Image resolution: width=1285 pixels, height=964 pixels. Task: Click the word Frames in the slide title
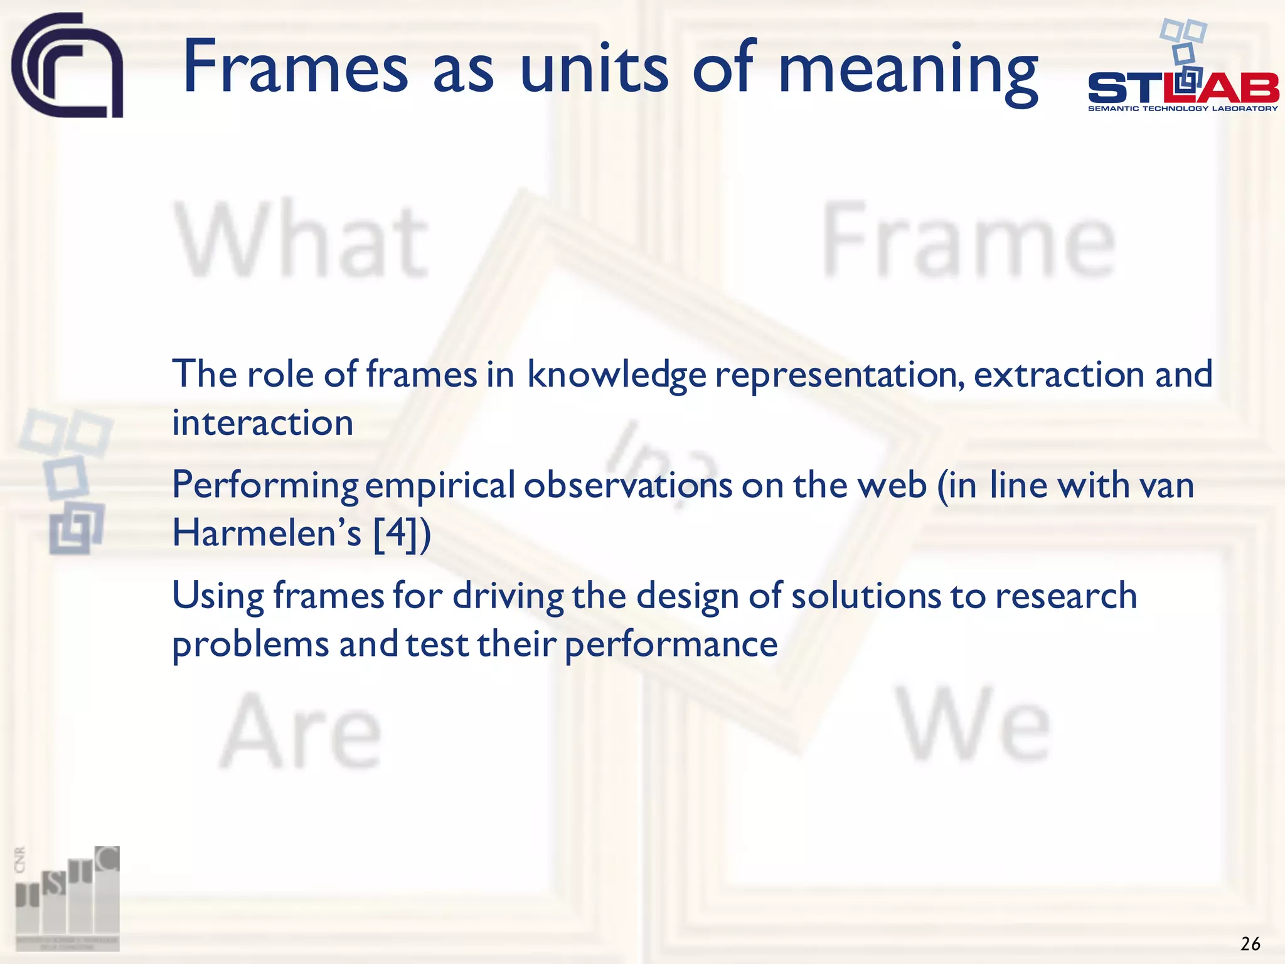pos(296,67)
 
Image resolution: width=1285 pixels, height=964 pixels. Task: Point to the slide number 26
pos(1250,944)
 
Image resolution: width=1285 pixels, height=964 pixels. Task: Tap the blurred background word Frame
pos(968,242)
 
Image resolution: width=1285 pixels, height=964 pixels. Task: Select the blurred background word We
pos(974,725)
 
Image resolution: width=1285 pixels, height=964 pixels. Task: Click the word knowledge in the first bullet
pos(616,375)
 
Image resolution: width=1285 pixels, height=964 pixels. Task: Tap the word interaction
pos(262,422)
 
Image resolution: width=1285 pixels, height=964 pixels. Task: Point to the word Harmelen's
pos(267,533)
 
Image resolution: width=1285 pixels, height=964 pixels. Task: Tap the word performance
pos(671,645)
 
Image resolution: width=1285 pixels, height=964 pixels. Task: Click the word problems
pos(250,645)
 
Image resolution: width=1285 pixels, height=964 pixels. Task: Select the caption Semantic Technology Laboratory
pos(1183,109)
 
